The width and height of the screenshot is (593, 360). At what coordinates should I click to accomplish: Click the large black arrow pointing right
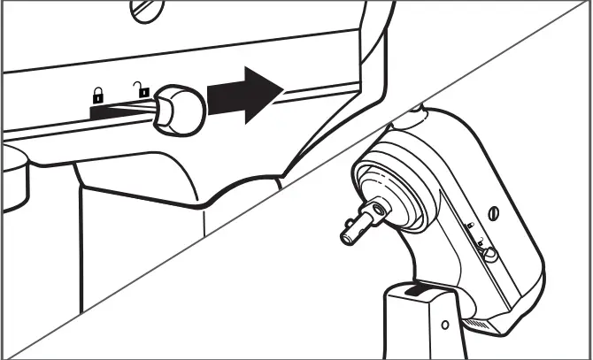[245, 93]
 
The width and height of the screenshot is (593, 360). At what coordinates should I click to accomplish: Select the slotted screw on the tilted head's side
[495, 211]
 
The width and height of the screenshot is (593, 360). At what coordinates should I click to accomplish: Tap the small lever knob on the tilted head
[487, 255]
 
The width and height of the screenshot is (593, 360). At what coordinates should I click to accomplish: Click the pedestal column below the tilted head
[420, 332]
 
